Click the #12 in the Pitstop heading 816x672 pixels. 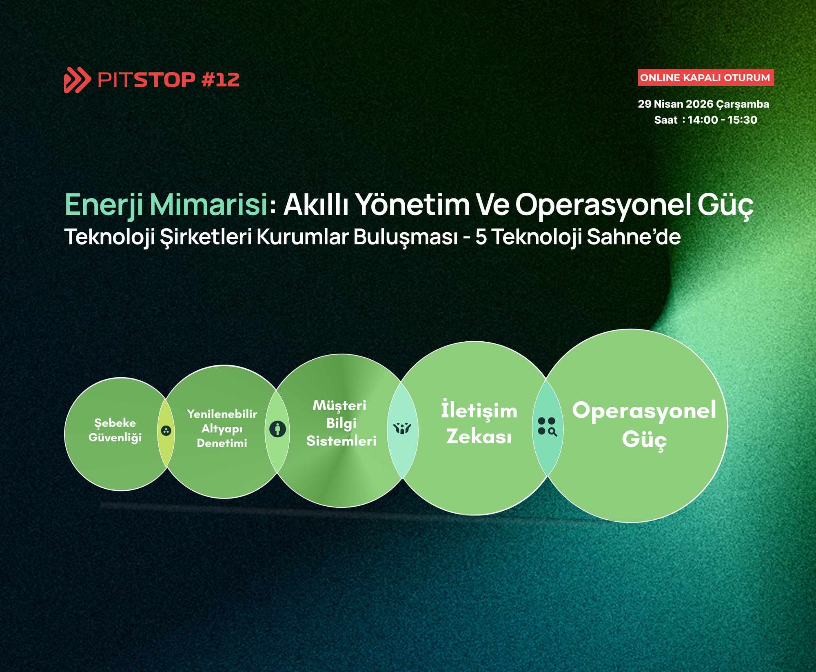[221, 80]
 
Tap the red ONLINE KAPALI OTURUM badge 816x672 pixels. [705, 78]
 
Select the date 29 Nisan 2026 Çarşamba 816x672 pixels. [703, 104]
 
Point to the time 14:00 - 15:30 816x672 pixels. [722, 120]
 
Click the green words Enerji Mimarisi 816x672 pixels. [166, 204]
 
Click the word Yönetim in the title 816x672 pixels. [412, 204]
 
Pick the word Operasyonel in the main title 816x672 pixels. [603, 204]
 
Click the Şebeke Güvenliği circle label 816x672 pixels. [115, 430]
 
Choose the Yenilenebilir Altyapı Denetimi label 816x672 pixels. [222, 429]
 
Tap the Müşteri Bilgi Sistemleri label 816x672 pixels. [341, 423]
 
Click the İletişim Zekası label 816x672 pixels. [479, 423]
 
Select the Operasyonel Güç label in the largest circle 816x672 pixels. [644, 425]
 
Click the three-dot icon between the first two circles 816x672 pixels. [166, 431]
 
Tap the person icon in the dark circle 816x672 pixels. [277, 429]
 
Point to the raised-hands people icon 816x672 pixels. [402, 429]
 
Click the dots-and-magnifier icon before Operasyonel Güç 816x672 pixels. [547, 426]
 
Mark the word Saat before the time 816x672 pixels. [665, 120]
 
